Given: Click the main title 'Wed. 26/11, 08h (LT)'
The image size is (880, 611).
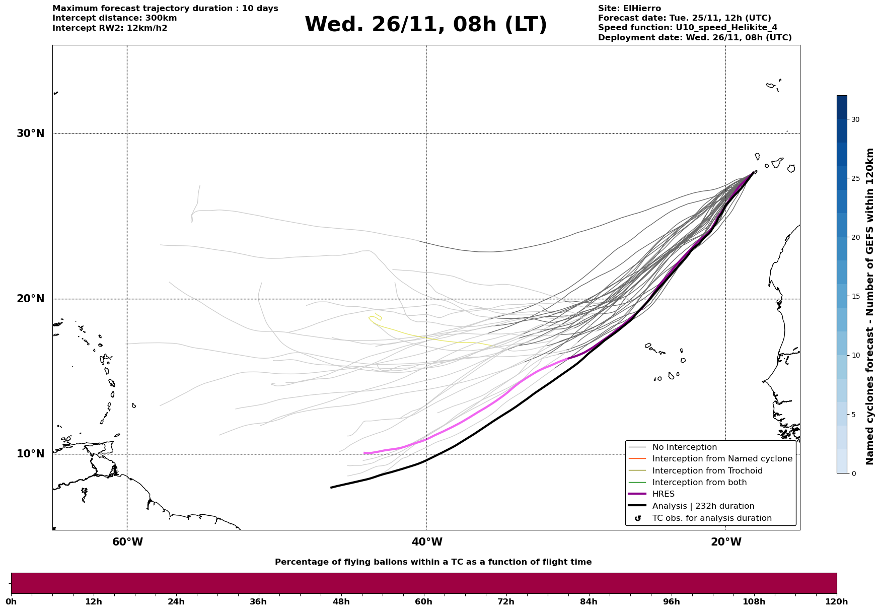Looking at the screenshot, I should click(x=425, y=25).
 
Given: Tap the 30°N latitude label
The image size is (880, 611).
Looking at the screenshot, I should click(x=30, y=133).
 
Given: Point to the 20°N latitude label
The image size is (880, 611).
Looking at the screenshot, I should click(x=30, y=299).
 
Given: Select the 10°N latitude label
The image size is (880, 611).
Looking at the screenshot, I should click(x=30, y=454).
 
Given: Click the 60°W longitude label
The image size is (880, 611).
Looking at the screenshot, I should click(x=127, y=542).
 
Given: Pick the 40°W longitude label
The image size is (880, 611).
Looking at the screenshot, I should click(x=427, y=542).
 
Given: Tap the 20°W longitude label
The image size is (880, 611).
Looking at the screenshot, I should click(x=726, y=542).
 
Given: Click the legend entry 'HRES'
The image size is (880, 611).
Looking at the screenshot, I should click(x=663, y=494).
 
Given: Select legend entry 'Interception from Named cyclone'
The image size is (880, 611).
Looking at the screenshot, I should click(x=722, y=459).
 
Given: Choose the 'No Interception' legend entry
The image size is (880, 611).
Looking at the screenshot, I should click(x=684, y=447).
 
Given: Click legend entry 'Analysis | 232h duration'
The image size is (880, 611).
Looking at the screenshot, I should click(x=703, y=506).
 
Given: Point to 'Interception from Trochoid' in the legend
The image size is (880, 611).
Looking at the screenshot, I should click(x=707, y=471).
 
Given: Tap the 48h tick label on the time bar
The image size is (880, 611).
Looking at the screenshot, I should click(x=341, y=602).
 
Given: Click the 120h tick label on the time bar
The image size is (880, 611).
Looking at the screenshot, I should click(x=837, y=602).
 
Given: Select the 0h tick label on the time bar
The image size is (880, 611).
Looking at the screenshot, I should click(x=11, y=602).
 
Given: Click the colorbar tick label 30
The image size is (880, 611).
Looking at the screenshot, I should click(x=855, y=119).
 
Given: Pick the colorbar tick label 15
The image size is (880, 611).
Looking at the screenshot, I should click(x=855, y=296).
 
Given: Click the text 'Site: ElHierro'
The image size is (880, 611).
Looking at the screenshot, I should click(x=629, y=9).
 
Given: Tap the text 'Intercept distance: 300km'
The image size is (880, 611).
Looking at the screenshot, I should click(x=114, y=18).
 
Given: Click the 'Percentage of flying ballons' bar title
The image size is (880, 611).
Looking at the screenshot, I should click(x=433, y=562).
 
